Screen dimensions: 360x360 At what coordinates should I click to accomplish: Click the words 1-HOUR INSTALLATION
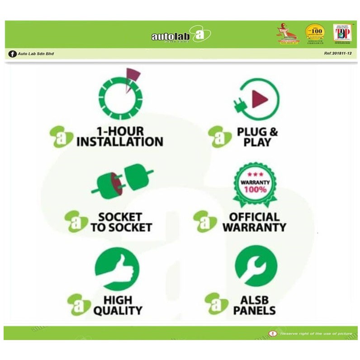tap(120, 137)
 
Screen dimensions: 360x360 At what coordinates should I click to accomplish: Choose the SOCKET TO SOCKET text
tap(120, 222)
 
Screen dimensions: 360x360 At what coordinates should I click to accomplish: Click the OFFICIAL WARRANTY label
tap(254, 222)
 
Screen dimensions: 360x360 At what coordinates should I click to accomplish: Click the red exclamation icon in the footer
tap(272, 334)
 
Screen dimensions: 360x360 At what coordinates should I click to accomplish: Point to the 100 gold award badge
tap(314, 33)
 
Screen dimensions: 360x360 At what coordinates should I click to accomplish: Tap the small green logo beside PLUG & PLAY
tap(219, 136)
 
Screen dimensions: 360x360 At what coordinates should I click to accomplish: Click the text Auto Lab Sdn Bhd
tap(36, 54)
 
